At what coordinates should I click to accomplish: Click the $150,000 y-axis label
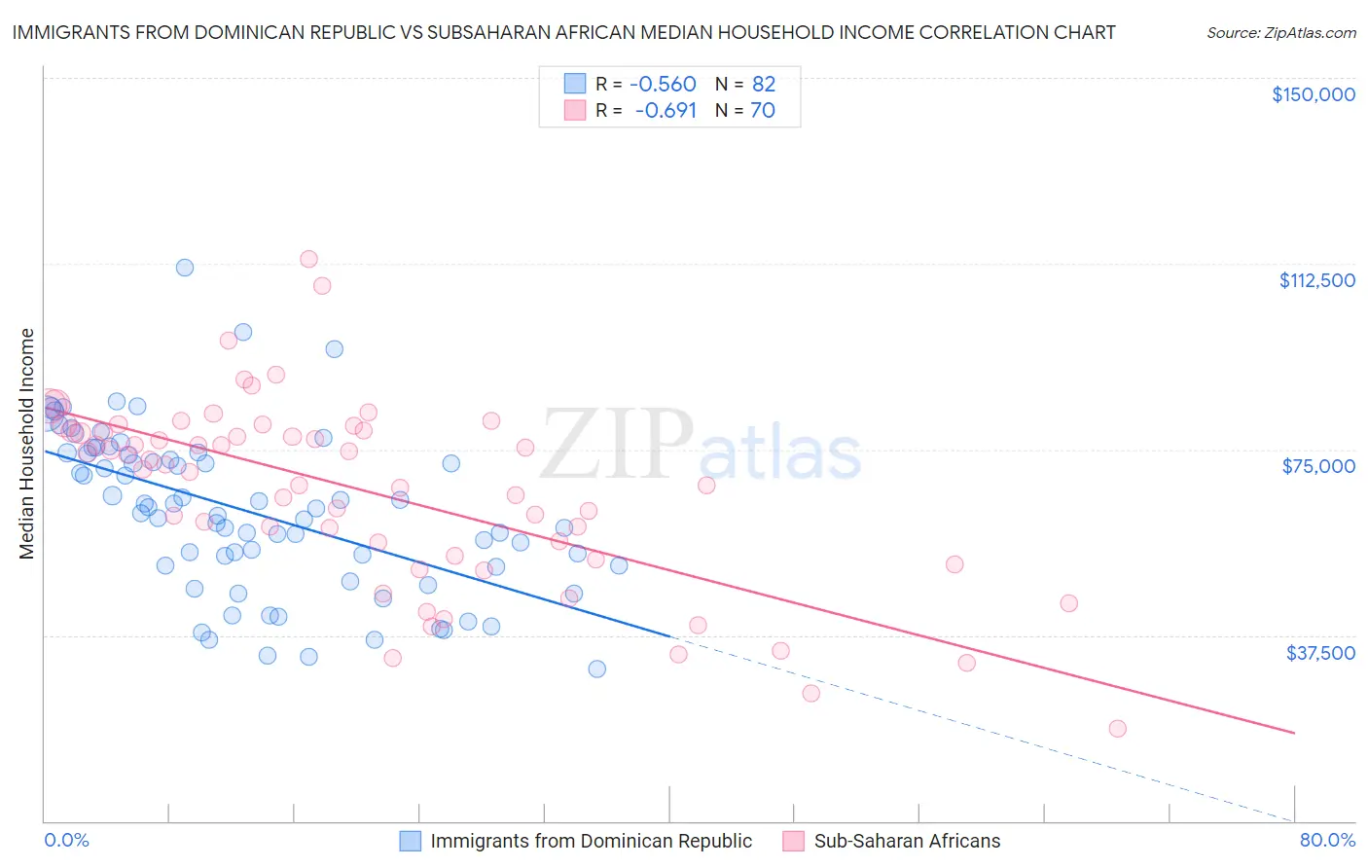point(1313,94)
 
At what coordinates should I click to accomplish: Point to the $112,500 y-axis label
point(1316,280)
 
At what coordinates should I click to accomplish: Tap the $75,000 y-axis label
point(1318,466)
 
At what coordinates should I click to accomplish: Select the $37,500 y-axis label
point(1320,652)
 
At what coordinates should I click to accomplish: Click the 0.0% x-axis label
point(66,840)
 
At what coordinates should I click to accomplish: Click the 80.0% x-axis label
point(1327,840)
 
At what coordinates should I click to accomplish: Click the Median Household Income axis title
point(27,444)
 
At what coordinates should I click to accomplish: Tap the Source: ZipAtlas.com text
point(1280,33)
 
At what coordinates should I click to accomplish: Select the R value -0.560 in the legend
point(663,84)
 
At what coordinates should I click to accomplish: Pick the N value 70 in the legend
point(762,111)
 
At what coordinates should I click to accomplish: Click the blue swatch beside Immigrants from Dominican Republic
point(411,841)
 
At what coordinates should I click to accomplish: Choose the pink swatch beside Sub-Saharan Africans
point(794,841)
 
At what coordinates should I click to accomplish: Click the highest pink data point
point(308,259)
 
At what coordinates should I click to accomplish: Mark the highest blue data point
point(185,268)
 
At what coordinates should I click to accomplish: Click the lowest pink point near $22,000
point(1117,729)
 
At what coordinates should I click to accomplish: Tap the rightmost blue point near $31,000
point(597,669)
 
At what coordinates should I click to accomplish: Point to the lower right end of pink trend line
point(1294,732)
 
